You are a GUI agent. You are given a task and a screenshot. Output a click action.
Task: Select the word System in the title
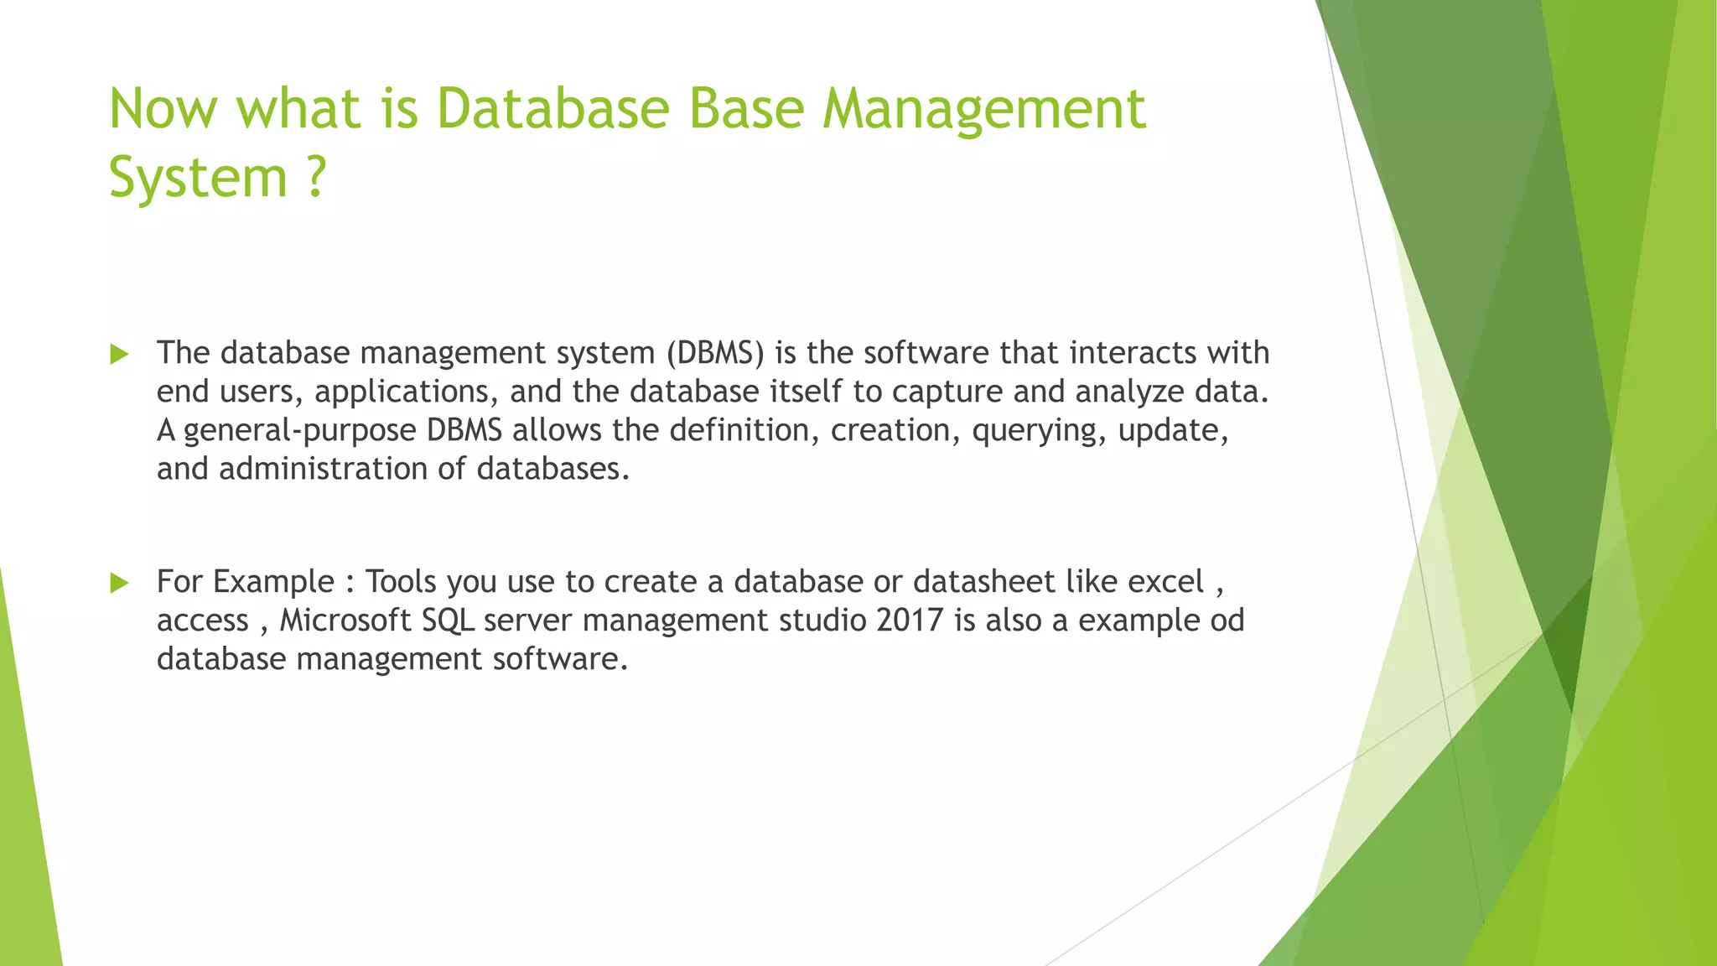click(198, 178)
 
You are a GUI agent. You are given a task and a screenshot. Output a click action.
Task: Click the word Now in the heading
click(163, 109)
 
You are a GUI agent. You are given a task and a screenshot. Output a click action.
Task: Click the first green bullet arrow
click(120, 354)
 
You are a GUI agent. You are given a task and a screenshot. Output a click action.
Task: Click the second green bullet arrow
click(120, 583)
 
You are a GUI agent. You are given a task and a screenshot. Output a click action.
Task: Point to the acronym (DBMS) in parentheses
click(716, 353)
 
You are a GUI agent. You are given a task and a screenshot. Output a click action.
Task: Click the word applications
click(402, 392)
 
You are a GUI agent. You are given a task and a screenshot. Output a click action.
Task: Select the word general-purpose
click(299, 430)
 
